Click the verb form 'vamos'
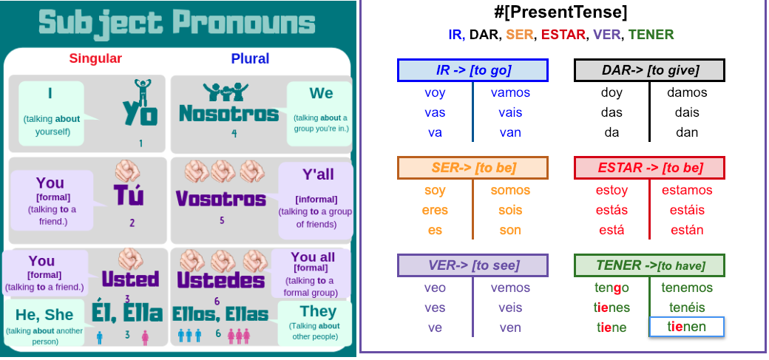click(x=510, y=92)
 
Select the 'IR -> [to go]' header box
click(x=472, y=70)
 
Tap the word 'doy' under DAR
click(x=612, y=93)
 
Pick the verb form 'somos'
click(x=510, y=190)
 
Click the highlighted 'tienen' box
click(x=687, y=327)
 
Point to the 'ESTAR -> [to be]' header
click(x=649, y=168)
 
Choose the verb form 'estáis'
click(x=687, y=211)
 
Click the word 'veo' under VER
click(x=435, y=288)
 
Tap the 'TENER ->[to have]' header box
click(x=649, y=265)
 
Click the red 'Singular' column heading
click(x=95, y=59)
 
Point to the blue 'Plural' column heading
click(x=250, y=59)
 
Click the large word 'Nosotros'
click(x=229, y=113)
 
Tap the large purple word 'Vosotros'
click(x=221, y=199)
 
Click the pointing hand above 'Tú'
click(x=127, y=171)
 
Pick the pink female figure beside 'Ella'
click(x=145, y=337)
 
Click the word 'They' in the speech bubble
click(x=318, y=311)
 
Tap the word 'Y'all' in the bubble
click(x=318, y=174)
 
